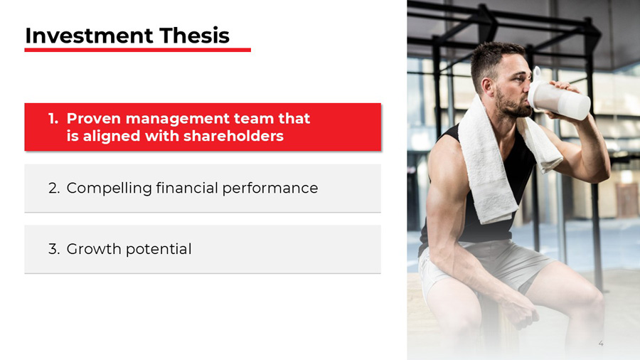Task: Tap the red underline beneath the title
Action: tap(137, 50)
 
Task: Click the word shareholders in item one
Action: tap(240, 136)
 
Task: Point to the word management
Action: tap(178, 119)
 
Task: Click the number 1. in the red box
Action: tap(53, 119)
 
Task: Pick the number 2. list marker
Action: tap(54, 189)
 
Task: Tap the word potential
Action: tap(157, 250)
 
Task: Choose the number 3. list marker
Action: tap(54, 249)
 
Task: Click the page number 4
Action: tap(601, 344)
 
